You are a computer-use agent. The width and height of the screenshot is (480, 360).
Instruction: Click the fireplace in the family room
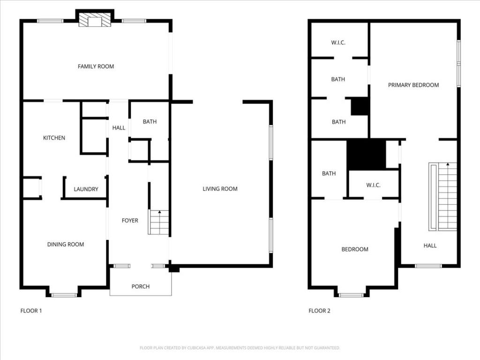click(95, 20)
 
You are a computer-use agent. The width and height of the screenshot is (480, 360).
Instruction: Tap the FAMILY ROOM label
click(96, 67)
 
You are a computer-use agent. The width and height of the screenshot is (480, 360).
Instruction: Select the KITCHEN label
click(54, 138)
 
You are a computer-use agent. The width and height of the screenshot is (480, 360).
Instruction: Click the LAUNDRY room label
click(86, 189)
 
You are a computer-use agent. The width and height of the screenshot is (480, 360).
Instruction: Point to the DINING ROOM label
click(66, 244)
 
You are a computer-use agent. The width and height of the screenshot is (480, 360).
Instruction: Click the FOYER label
click(130, 220)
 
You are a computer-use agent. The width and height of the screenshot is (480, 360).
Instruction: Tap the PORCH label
click(140, 286)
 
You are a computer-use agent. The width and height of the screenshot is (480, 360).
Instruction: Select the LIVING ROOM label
click(220, 189)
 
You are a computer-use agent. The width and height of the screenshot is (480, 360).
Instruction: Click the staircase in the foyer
click(159, 223)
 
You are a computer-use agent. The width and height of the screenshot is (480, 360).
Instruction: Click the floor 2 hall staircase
click(443, 197)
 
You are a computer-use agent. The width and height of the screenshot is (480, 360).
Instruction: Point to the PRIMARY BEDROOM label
click(413, 85)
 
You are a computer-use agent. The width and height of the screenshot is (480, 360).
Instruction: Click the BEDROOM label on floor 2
click(354, 249)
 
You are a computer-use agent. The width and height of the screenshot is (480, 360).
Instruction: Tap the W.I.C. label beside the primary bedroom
click(338, 43)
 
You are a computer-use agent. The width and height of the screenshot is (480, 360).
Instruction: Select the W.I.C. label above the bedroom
click(373, 185)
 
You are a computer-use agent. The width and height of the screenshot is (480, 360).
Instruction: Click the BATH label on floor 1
click(150, 122)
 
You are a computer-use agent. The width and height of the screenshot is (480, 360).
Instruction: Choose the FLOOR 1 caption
click(31, 310)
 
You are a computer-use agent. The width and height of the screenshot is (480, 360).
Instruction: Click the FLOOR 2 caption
click(319, 310)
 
